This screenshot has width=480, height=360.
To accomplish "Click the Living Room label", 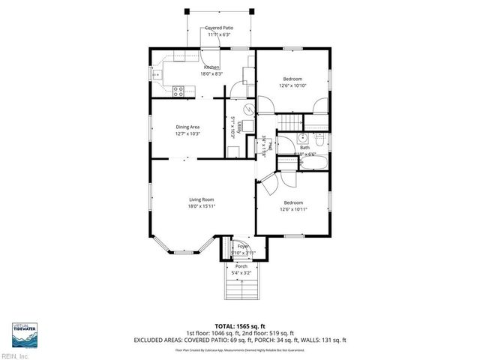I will click(202, 199).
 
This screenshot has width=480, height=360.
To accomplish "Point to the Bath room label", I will click(304, 148).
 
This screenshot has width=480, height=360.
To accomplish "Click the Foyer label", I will click(242, 246).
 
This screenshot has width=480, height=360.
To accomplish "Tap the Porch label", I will click(241, 266).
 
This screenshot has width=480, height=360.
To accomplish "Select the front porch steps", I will click(241, 288).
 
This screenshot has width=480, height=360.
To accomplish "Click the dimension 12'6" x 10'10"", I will click(293, 85).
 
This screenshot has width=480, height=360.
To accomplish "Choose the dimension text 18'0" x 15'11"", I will click(202, 205).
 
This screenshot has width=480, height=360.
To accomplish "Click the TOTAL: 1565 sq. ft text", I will click(240, 325).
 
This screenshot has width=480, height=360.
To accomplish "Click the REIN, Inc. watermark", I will click(16, 355).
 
